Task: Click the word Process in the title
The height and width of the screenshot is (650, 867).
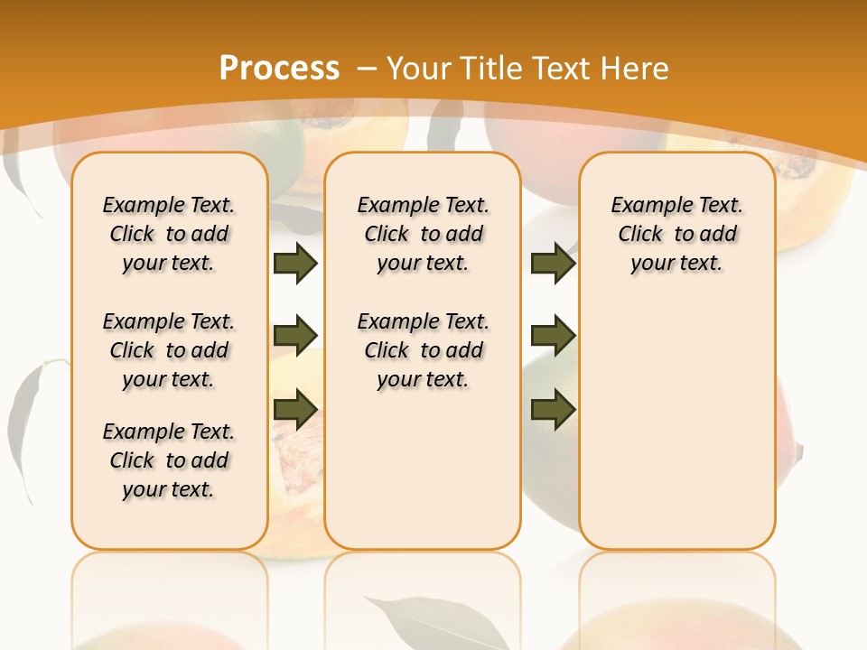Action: pos(279,69)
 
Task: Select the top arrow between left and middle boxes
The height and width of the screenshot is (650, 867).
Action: pos(294,263)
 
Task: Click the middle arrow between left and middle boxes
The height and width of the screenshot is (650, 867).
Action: pos(294,336)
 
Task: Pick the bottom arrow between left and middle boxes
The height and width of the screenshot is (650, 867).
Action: pos(294,409)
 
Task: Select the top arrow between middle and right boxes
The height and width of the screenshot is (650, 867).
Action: pos(553,263)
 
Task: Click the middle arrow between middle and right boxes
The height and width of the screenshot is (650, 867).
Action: pos(553,336)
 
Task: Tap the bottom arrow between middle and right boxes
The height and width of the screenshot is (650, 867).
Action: pos(553,409)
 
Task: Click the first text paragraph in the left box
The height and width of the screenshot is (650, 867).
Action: pos(169,234)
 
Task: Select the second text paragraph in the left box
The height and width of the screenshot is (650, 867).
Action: pos(169,350)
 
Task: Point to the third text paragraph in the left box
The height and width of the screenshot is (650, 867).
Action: pos(169,460)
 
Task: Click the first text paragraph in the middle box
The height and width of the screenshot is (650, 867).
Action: pos(424,234)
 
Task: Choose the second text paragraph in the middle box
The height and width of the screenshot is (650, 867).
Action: pos(424,350)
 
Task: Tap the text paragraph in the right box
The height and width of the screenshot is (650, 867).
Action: pos(677,234)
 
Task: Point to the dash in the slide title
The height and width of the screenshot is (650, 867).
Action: pos(367,69)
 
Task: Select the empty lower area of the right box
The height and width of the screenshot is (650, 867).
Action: pos(677,424)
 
